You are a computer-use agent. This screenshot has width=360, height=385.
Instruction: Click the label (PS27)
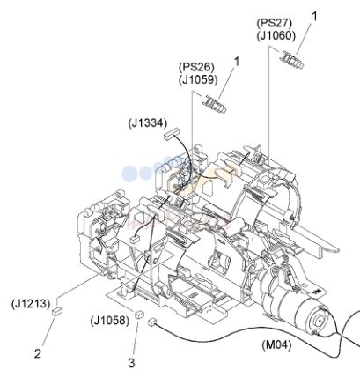pyautogui.click(x=275, y=23)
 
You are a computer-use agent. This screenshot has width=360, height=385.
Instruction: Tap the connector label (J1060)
pyautogui.click(x=276, y=35)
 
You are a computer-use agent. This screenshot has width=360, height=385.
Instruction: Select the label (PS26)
pyautogui.click(x=196, y=67)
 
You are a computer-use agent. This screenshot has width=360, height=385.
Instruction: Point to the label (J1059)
pyautogui.click(x=198, y=79)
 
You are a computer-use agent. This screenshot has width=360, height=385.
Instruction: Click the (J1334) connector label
pyautogui.click(x=147, y=123)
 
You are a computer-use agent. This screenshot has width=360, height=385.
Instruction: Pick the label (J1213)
pyautogui.click(x=31, y=303)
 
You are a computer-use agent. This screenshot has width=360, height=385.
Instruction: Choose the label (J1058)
pyautogui.click(x=110, y=320)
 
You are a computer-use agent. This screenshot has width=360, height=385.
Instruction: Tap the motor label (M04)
pyautogui.click(x=276, y=344)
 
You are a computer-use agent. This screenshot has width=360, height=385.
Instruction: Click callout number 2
pyautogui.click(x=38, y=353)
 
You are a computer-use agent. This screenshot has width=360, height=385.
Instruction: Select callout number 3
pyautogui.click(x=131, y=363)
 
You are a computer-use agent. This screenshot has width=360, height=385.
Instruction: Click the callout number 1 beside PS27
pyautogui.click(x=314, y=17)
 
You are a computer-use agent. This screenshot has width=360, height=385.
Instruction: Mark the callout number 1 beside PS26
pyautogui.click(x=236, y=62)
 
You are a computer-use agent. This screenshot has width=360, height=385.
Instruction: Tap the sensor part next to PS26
pyautogui.click(x=215, y=104)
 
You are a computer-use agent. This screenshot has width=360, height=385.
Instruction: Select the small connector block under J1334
pyautogui.click(x=172, y=134)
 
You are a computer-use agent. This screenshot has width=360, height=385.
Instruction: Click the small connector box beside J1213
pyautogui.click(x=56, y=311)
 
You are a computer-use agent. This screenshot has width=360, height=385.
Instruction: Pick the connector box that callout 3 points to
pyautogui.click(x=139, y=315)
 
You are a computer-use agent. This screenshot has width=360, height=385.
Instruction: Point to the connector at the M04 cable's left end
pyautogui.click(x=152, y=322)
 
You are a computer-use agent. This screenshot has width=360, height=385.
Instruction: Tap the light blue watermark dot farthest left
pyautogui.click(x=129, y=174)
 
